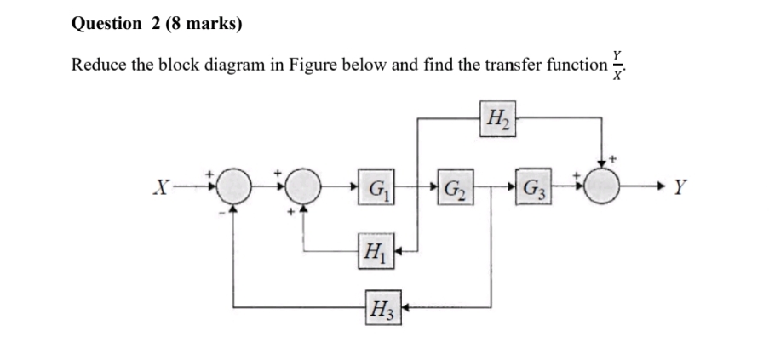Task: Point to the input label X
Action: pyautogui.click(x=156, y=184)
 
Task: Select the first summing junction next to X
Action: pyautogui.click(x=235, y=184)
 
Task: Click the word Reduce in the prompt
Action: pyautogui.click(x=99, y=65)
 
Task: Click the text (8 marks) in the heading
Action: pyautogui.click(x=200, y=24)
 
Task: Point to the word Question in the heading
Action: pyautogui.click(x=106, y=24)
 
